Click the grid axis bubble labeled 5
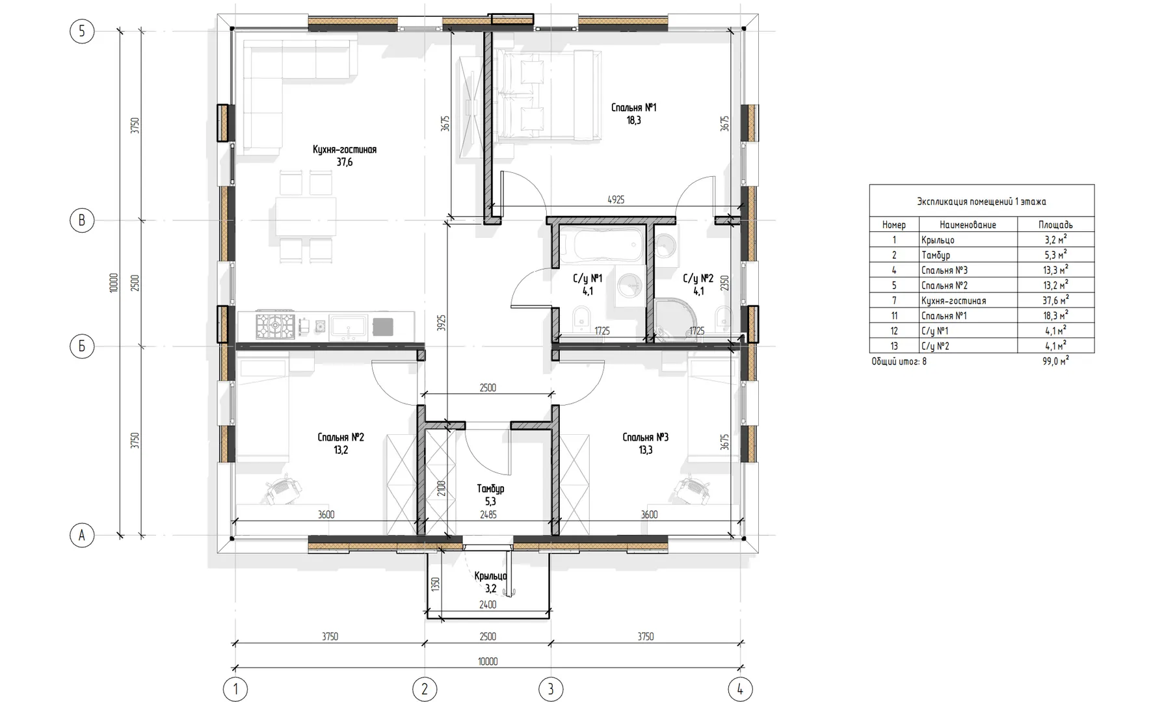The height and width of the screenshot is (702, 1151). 82,31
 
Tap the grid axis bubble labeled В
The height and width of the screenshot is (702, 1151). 82,220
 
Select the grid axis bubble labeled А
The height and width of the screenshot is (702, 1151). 82,536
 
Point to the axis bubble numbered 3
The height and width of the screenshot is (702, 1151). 551,689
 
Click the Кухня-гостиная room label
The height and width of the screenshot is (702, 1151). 345,149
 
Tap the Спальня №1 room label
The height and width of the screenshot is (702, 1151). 634,107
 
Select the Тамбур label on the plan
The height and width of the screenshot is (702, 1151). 490,488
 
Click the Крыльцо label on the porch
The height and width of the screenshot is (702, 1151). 490,576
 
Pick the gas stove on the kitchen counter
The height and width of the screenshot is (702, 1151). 274,324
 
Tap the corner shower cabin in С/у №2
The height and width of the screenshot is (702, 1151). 674,318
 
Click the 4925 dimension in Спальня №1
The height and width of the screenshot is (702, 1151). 616,200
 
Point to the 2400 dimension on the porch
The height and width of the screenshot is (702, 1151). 488,604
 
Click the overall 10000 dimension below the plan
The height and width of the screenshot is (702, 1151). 488,662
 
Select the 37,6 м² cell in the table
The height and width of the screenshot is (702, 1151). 1055,300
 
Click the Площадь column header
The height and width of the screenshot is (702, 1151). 1055,225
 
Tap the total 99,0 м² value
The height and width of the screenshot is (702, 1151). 1055,361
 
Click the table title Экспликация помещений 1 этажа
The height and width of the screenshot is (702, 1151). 981,201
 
